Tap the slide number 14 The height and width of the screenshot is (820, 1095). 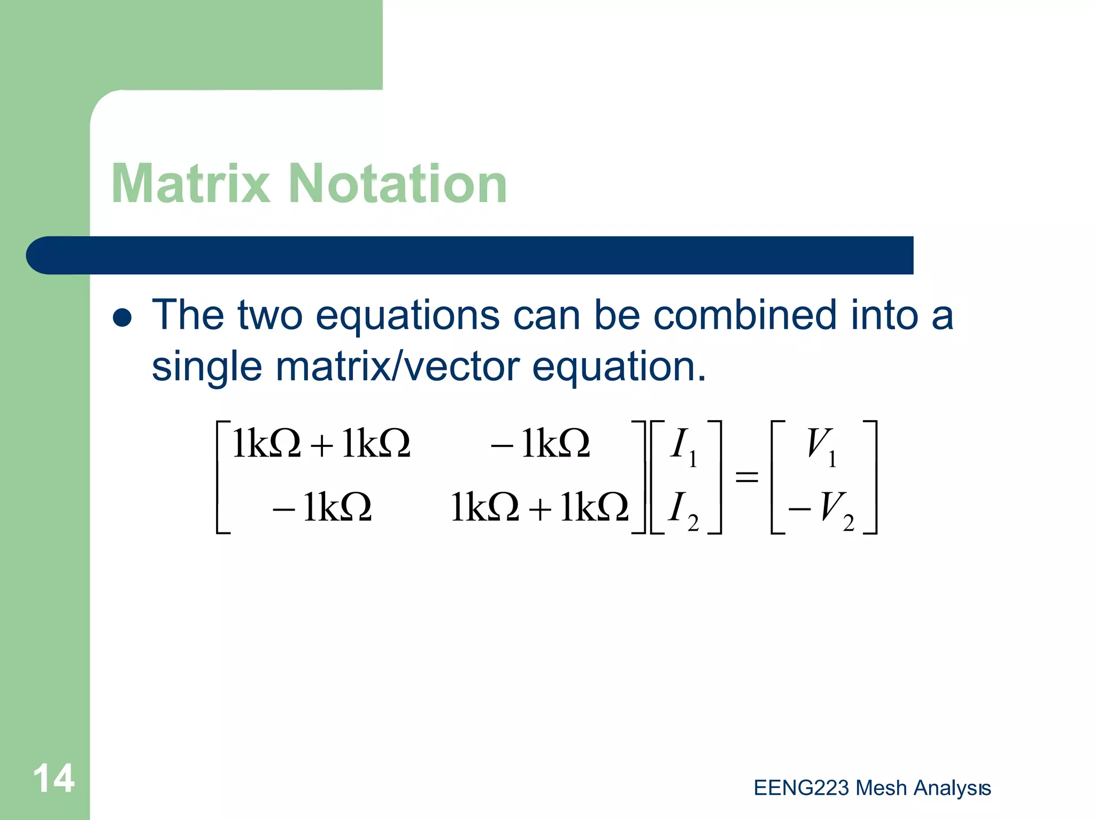(53, 778)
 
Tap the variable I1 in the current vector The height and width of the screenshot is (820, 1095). (683, 447)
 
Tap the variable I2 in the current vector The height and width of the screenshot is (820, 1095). (683, 509)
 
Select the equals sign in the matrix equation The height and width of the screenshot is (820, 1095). (747, 476)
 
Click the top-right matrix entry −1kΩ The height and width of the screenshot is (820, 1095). (541, 444)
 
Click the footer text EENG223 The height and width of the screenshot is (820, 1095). (801, 788)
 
